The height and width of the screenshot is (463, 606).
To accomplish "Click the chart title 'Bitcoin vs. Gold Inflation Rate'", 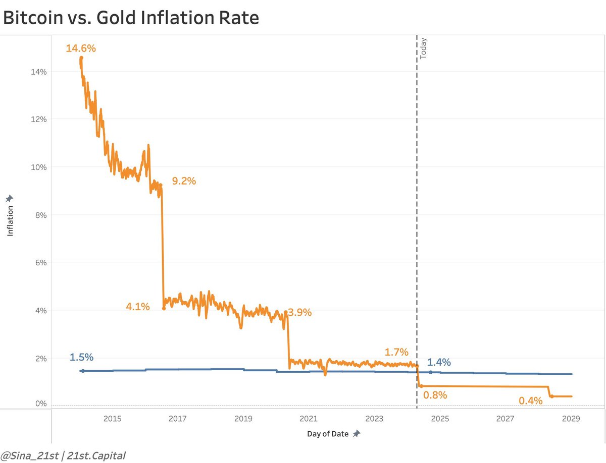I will click(131, 18).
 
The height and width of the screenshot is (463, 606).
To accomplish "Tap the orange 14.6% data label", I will click(81, 49).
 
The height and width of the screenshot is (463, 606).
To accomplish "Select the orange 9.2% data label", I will click(184, 181).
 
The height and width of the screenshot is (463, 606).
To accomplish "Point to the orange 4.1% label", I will click(138, 306).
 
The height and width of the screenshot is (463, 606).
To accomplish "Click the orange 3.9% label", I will click(300, 312).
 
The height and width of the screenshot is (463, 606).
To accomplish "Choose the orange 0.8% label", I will click(435, 395).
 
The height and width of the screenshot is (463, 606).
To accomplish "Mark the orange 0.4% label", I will click(530, 401).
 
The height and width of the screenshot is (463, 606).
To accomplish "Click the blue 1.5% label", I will click(81, 357).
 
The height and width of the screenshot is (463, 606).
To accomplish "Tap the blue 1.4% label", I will click(439, 362).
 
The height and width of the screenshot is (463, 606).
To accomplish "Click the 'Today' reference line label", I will click(423, 49).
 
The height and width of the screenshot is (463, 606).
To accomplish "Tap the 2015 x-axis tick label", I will click(112, 419).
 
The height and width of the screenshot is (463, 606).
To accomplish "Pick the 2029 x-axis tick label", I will click(571, 419).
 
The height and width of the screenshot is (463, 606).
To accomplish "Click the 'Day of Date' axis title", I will click(327, 434).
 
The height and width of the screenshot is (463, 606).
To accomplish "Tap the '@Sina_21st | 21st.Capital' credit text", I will click(64, 456).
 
